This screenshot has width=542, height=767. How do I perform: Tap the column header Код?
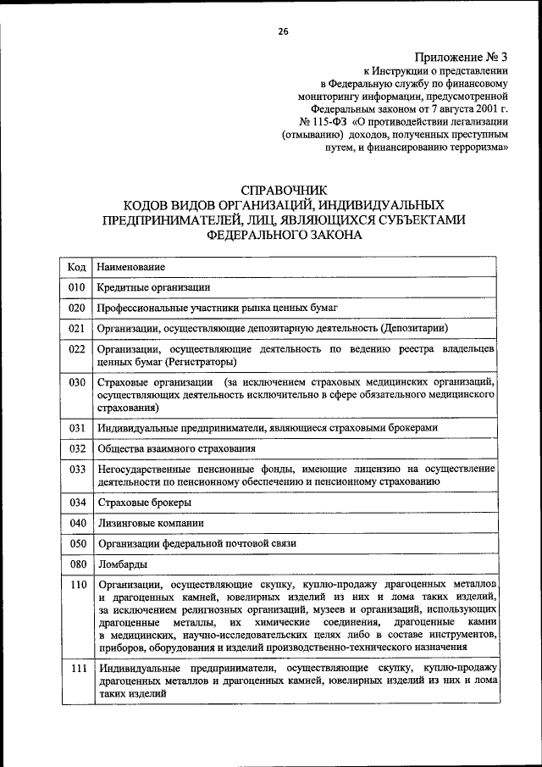point(76,267)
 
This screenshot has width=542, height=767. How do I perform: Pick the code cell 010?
point(76,287)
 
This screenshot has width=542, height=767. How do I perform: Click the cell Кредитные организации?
point(152,287)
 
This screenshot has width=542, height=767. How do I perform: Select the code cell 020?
point(76,308)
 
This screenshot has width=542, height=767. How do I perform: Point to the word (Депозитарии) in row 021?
point(414,328)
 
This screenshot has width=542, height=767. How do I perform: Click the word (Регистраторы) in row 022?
point(199,362)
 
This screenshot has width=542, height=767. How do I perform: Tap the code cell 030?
point(76,382)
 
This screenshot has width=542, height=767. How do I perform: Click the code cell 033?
point(76,469)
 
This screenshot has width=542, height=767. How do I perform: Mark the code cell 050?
point(76,543)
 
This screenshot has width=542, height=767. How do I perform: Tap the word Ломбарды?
point(122,564)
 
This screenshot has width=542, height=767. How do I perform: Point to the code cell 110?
point(76,585)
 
